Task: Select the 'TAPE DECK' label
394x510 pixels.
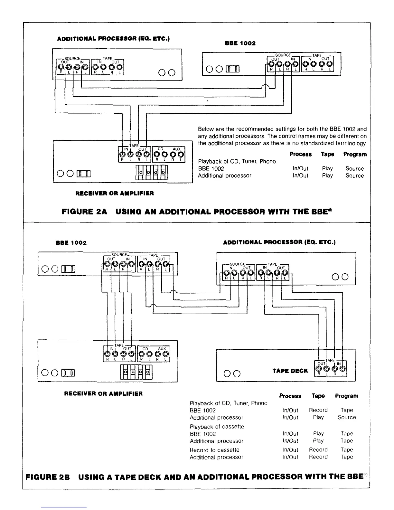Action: point(290,371)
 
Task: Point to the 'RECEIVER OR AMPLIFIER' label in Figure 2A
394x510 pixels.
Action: point(114,194)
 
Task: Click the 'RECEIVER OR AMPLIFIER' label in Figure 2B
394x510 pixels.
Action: point(103,393)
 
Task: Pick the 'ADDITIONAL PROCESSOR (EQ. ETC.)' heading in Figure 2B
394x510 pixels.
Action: point(279,242)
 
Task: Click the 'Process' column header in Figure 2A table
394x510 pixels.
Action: point(300,154)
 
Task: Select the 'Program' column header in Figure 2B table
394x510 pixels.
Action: point(346,396)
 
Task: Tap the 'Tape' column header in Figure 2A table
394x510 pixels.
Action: point(327,154)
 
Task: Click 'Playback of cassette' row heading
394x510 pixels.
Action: point(217,427)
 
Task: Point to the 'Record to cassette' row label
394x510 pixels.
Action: point(214,450)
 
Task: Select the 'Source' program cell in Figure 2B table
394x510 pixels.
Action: point(347,417)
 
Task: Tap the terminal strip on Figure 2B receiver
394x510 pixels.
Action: point(136,373)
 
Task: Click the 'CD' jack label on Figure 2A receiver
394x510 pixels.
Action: point(161,149)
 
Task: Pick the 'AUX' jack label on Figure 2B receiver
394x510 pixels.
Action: point(162,349)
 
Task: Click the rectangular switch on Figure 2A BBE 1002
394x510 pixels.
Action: point(232,69)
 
